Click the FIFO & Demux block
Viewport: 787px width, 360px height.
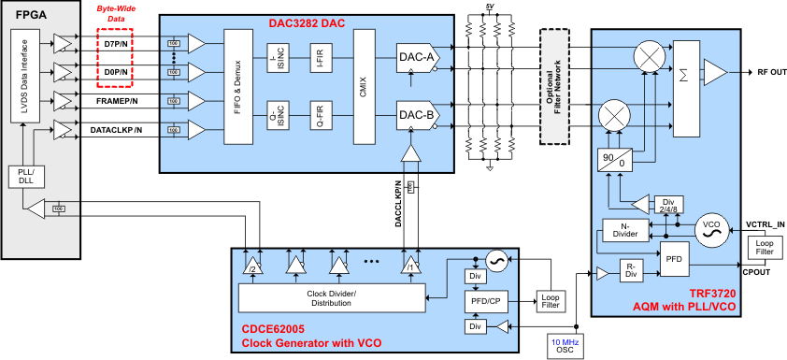[238, 86]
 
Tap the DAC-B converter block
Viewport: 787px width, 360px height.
[416, 116]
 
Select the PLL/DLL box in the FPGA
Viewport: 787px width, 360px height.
[25, 176]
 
